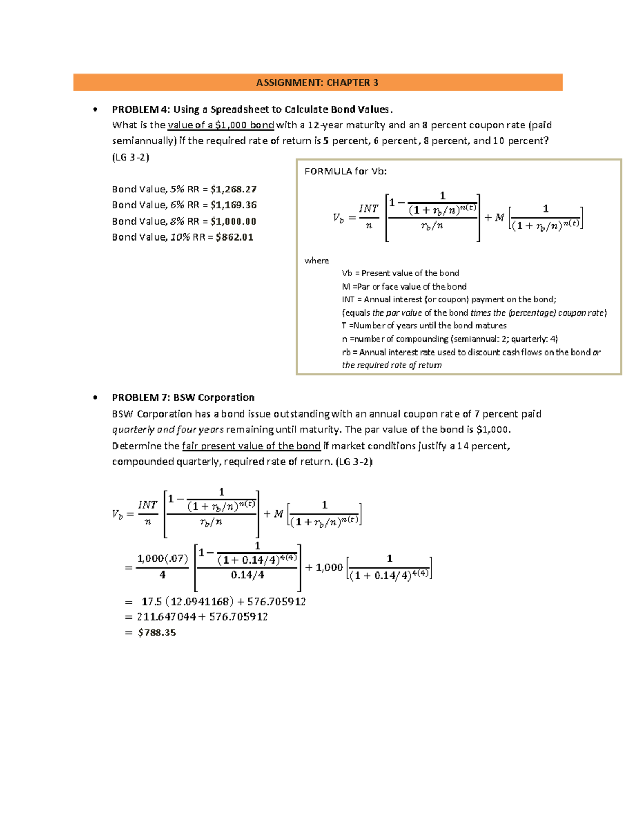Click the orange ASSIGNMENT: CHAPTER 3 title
317,82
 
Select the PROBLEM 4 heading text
252,109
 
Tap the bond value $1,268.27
233,189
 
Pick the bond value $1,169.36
233,205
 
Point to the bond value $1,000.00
233,222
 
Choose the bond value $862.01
234,237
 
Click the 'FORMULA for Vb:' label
346,171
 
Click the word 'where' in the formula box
316,261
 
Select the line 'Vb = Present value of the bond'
400,273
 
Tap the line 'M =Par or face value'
404,287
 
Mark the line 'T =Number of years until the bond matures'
424,326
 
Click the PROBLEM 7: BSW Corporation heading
183,398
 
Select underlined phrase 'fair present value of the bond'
251,446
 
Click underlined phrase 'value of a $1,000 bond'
221,125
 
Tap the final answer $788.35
157,633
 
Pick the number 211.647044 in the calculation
166,617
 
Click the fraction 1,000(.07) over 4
162,567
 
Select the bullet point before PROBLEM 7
95,398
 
